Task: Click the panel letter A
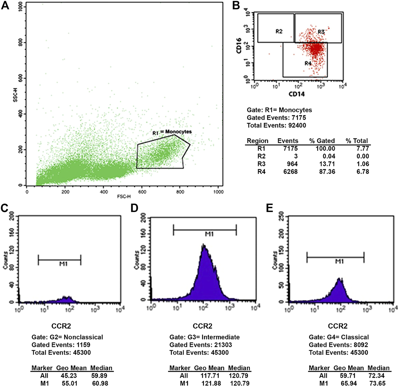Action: [x=5, y=5]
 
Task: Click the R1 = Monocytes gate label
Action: [x=172, y=132]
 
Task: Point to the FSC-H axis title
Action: [x=124, y=197]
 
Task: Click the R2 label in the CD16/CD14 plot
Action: [x=279, y=32]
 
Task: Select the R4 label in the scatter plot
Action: [x=308, y=64]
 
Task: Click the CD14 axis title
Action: [x=296, y=94]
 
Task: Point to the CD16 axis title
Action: [x=239, y=46]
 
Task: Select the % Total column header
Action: [x=357, y=141]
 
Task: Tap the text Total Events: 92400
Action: [x=276, y=126]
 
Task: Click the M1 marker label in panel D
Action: [x=209, y=234]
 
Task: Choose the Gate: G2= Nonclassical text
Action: [x=67, y=337]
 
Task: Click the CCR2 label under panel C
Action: [x=61, y=326]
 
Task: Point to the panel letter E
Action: [x=269, y=208]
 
